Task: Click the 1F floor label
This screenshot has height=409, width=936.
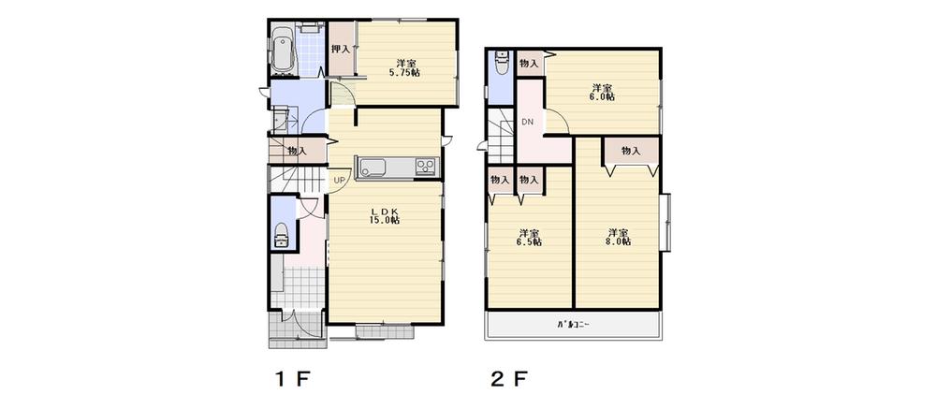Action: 290,380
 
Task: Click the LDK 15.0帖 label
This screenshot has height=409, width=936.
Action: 385,214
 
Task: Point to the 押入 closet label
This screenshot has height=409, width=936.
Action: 340,49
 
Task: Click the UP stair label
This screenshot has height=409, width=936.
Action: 339,181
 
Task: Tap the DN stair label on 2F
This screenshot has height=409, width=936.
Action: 527,123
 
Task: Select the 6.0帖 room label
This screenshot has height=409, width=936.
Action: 602,91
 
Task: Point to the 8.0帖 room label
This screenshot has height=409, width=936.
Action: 617,237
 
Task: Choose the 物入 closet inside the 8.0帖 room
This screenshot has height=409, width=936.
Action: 630,151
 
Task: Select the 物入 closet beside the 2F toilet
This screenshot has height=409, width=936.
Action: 529,64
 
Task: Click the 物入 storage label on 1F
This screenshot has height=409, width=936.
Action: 298,151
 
